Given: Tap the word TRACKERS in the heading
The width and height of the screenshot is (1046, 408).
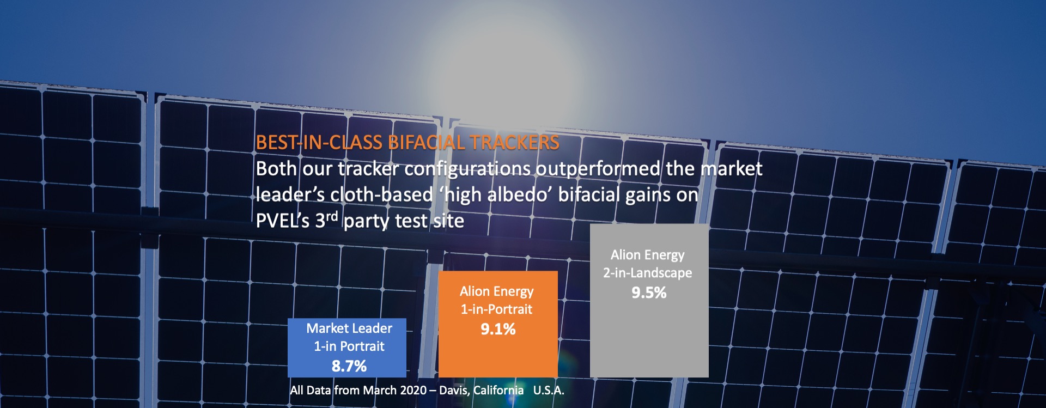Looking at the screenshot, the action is (x=515, y=143).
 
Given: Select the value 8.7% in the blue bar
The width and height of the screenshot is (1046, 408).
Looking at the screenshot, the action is (x=349, y=366).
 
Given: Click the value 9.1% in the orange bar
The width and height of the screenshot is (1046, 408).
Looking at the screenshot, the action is (x=498, y=329).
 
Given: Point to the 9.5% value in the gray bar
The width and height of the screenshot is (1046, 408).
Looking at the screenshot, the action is (x=649, y=293).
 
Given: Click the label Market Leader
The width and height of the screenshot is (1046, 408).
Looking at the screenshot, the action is (x=349, y=328).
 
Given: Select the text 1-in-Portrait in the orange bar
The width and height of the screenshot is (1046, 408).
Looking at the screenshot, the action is (x=497, y=309).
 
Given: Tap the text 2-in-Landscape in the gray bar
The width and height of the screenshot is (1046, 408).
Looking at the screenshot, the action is (x=648, y=273).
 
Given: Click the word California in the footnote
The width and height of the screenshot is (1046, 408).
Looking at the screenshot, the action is (x=498, y=390).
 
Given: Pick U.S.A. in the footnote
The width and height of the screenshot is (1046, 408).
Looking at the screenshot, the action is (x=549, y=390).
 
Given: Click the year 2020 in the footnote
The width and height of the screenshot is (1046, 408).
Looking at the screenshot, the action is (x=413, y=390).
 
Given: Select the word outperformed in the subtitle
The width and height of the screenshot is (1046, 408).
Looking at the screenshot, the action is (x=598, y=169).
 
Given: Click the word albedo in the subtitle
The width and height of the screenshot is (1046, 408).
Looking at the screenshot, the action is (x=519, y=194).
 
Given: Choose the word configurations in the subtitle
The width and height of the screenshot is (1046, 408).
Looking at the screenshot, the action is (x=467, y=169).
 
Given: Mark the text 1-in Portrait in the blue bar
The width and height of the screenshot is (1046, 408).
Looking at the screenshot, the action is (x=349, y=346).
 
